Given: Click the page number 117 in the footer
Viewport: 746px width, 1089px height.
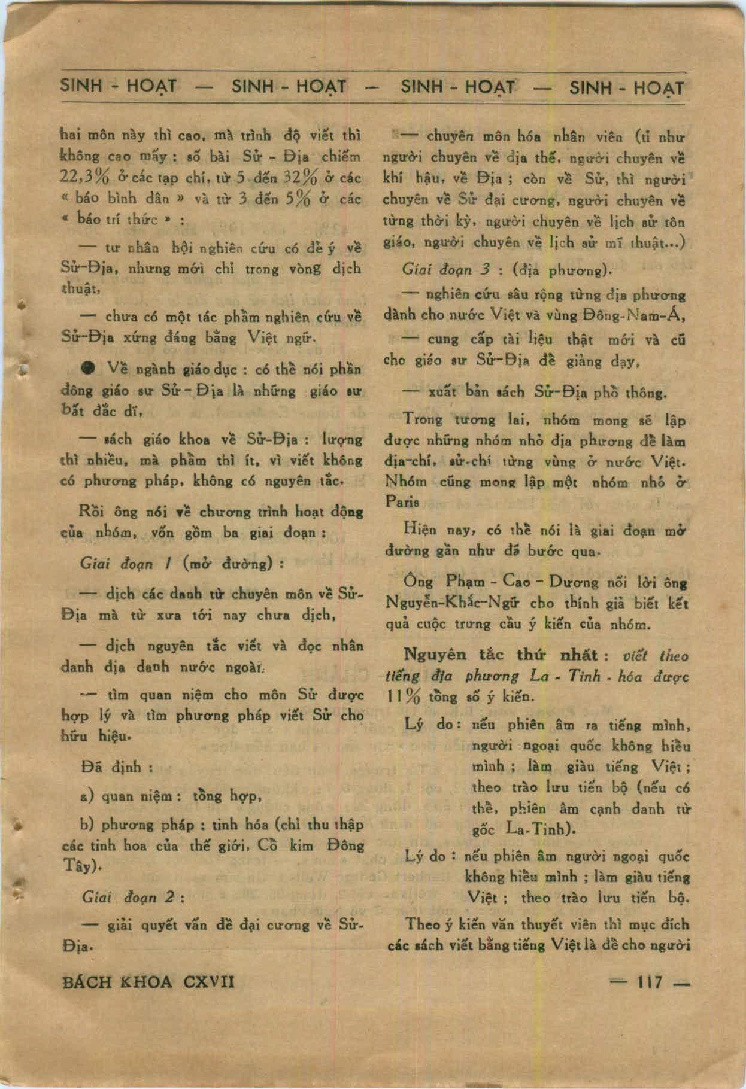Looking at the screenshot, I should point(650,982).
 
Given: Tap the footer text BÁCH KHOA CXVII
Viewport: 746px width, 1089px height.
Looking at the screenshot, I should point(148,982).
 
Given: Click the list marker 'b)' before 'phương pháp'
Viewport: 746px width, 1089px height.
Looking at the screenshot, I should point(86,825).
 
